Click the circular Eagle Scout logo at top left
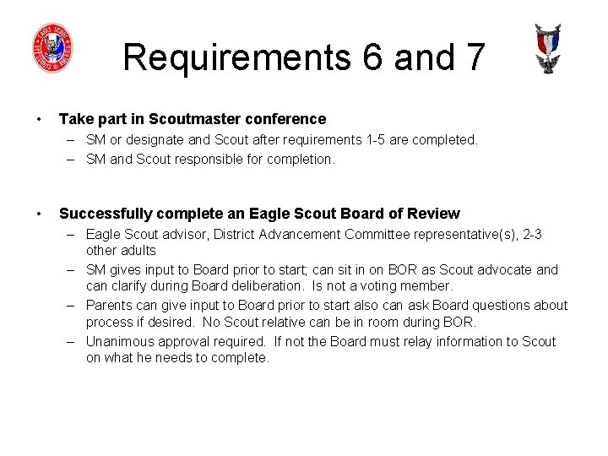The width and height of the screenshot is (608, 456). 52,47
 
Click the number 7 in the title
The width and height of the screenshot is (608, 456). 473,57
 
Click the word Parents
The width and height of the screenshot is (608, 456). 110,306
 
